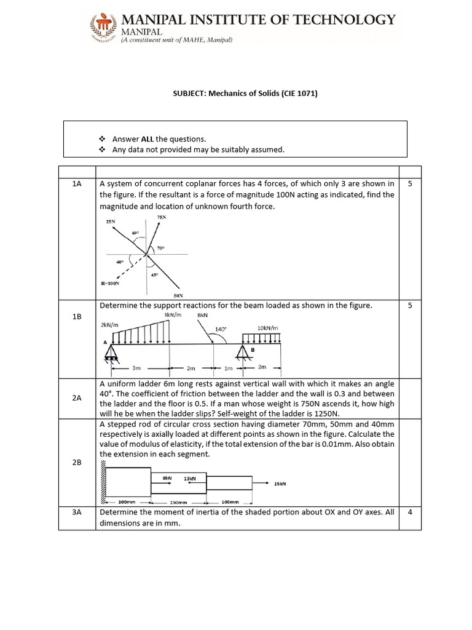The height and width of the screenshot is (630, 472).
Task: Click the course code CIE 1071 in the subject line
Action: pyautogui.click(x=297, y=94)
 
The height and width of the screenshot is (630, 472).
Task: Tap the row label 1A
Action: pyautogui.click(x=77, y=184)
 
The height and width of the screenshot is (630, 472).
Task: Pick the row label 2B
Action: pyautogui.click(x=77, y=461)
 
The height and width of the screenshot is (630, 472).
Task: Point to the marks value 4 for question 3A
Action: pyautogui.click(x=410, y=512)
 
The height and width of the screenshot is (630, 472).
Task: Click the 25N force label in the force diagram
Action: pyautogui.click(x=111, y=221)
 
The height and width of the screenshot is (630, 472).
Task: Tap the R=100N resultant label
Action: pyautogui.click(x=109, y=284)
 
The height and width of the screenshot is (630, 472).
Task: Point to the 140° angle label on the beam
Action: pyautogui.click(x=221, y=329)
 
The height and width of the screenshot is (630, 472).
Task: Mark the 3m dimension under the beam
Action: pyautogui.click(x=136, y=368)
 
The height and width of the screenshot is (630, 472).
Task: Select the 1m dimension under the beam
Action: pyautogui.click(x=229, y=368)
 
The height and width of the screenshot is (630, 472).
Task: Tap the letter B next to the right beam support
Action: pyautogui.click(x=252, y=349)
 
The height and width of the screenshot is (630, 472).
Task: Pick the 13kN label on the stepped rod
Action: pyautogui.click(x=190, y=477)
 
